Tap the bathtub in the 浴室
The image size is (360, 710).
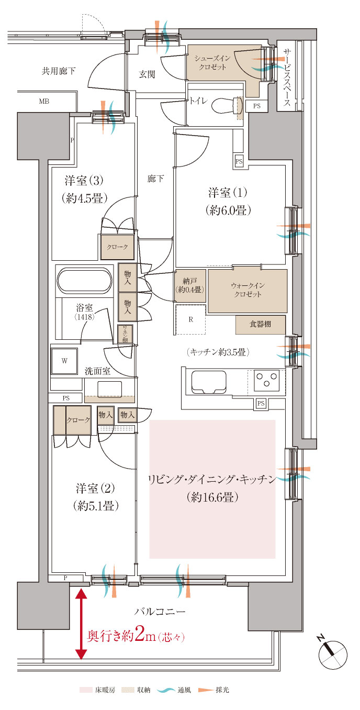(x=84, y=281)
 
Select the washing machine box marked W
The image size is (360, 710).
(x=64, y=361)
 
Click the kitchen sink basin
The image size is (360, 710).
(x=208, y=381)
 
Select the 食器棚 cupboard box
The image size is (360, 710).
(x=260, y=325)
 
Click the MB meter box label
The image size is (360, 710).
(x=44, y=101)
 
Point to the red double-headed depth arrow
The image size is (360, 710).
(x=81, y=624)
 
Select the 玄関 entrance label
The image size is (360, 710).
(x=147, y=74)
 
